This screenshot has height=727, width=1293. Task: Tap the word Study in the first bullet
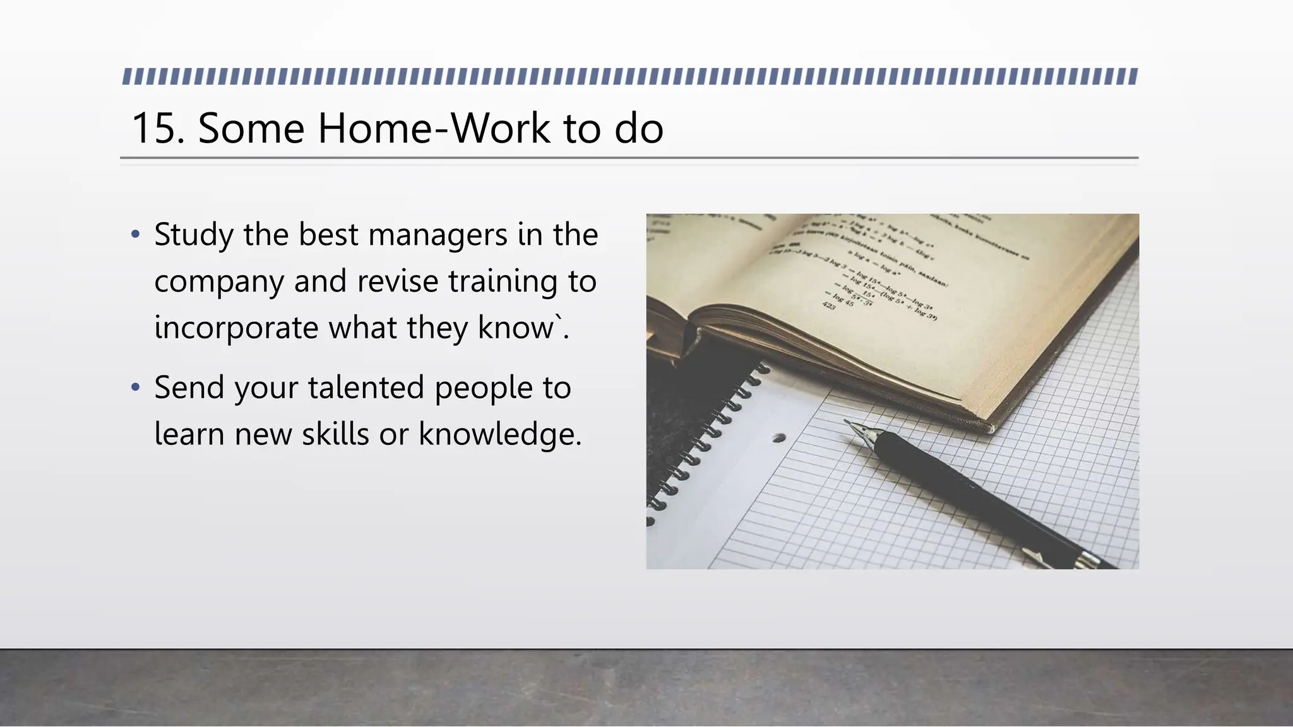click(194, 235)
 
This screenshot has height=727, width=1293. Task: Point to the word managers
click(438, 235)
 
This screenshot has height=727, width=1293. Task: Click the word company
click(218, 282)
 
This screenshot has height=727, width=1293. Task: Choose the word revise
click(397, 281)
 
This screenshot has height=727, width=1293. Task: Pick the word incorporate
click(236, 328)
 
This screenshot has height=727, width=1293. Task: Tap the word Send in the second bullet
click(189, 387)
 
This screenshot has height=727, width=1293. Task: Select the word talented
click(366, 387)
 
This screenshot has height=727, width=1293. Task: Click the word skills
click(335, 434)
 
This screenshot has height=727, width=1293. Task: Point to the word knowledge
click(499, 434)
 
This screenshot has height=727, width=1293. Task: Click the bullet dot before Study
click(135, 235)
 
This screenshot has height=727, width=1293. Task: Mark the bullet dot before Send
click(135, 387)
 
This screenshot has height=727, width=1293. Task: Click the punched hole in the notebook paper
click(780, 437)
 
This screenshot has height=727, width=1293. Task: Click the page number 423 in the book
click(829, 306)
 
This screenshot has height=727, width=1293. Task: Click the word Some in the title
click(251, 129)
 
